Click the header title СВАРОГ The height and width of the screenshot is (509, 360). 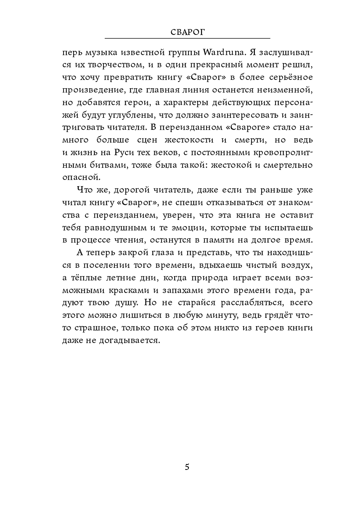(187, 32)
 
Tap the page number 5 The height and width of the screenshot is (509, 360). (187, 467)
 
